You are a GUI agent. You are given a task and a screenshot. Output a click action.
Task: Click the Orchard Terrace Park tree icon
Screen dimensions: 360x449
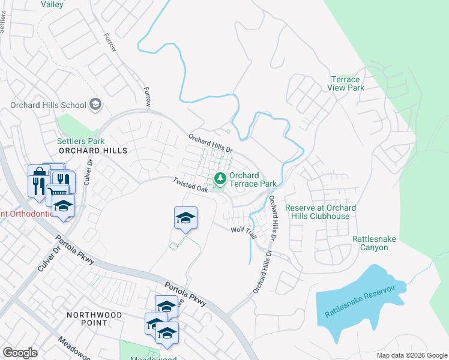(220, 178)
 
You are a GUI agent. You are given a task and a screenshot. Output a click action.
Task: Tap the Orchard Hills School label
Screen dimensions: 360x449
(49, 105)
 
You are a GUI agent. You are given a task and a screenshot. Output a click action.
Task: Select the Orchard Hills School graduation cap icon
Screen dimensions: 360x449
(95, 105)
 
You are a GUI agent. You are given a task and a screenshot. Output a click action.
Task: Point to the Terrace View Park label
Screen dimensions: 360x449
(346, 83)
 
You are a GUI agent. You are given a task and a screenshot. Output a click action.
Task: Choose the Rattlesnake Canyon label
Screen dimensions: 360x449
(375, 242)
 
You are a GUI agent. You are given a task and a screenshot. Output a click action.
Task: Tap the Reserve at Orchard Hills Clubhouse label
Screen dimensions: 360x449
(321, 212)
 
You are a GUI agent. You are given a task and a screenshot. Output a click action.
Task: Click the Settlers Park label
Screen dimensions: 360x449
(76, 141)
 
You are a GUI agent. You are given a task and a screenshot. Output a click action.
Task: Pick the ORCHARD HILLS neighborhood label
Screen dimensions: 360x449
(93, 151)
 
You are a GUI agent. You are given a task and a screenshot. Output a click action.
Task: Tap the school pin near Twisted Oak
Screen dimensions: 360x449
(186, 217)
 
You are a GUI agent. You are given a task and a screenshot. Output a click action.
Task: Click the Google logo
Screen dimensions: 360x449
(20, 353)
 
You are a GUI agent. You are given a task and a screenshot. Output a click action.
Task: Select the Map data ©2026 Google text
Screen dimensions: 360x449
(411, 355)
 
